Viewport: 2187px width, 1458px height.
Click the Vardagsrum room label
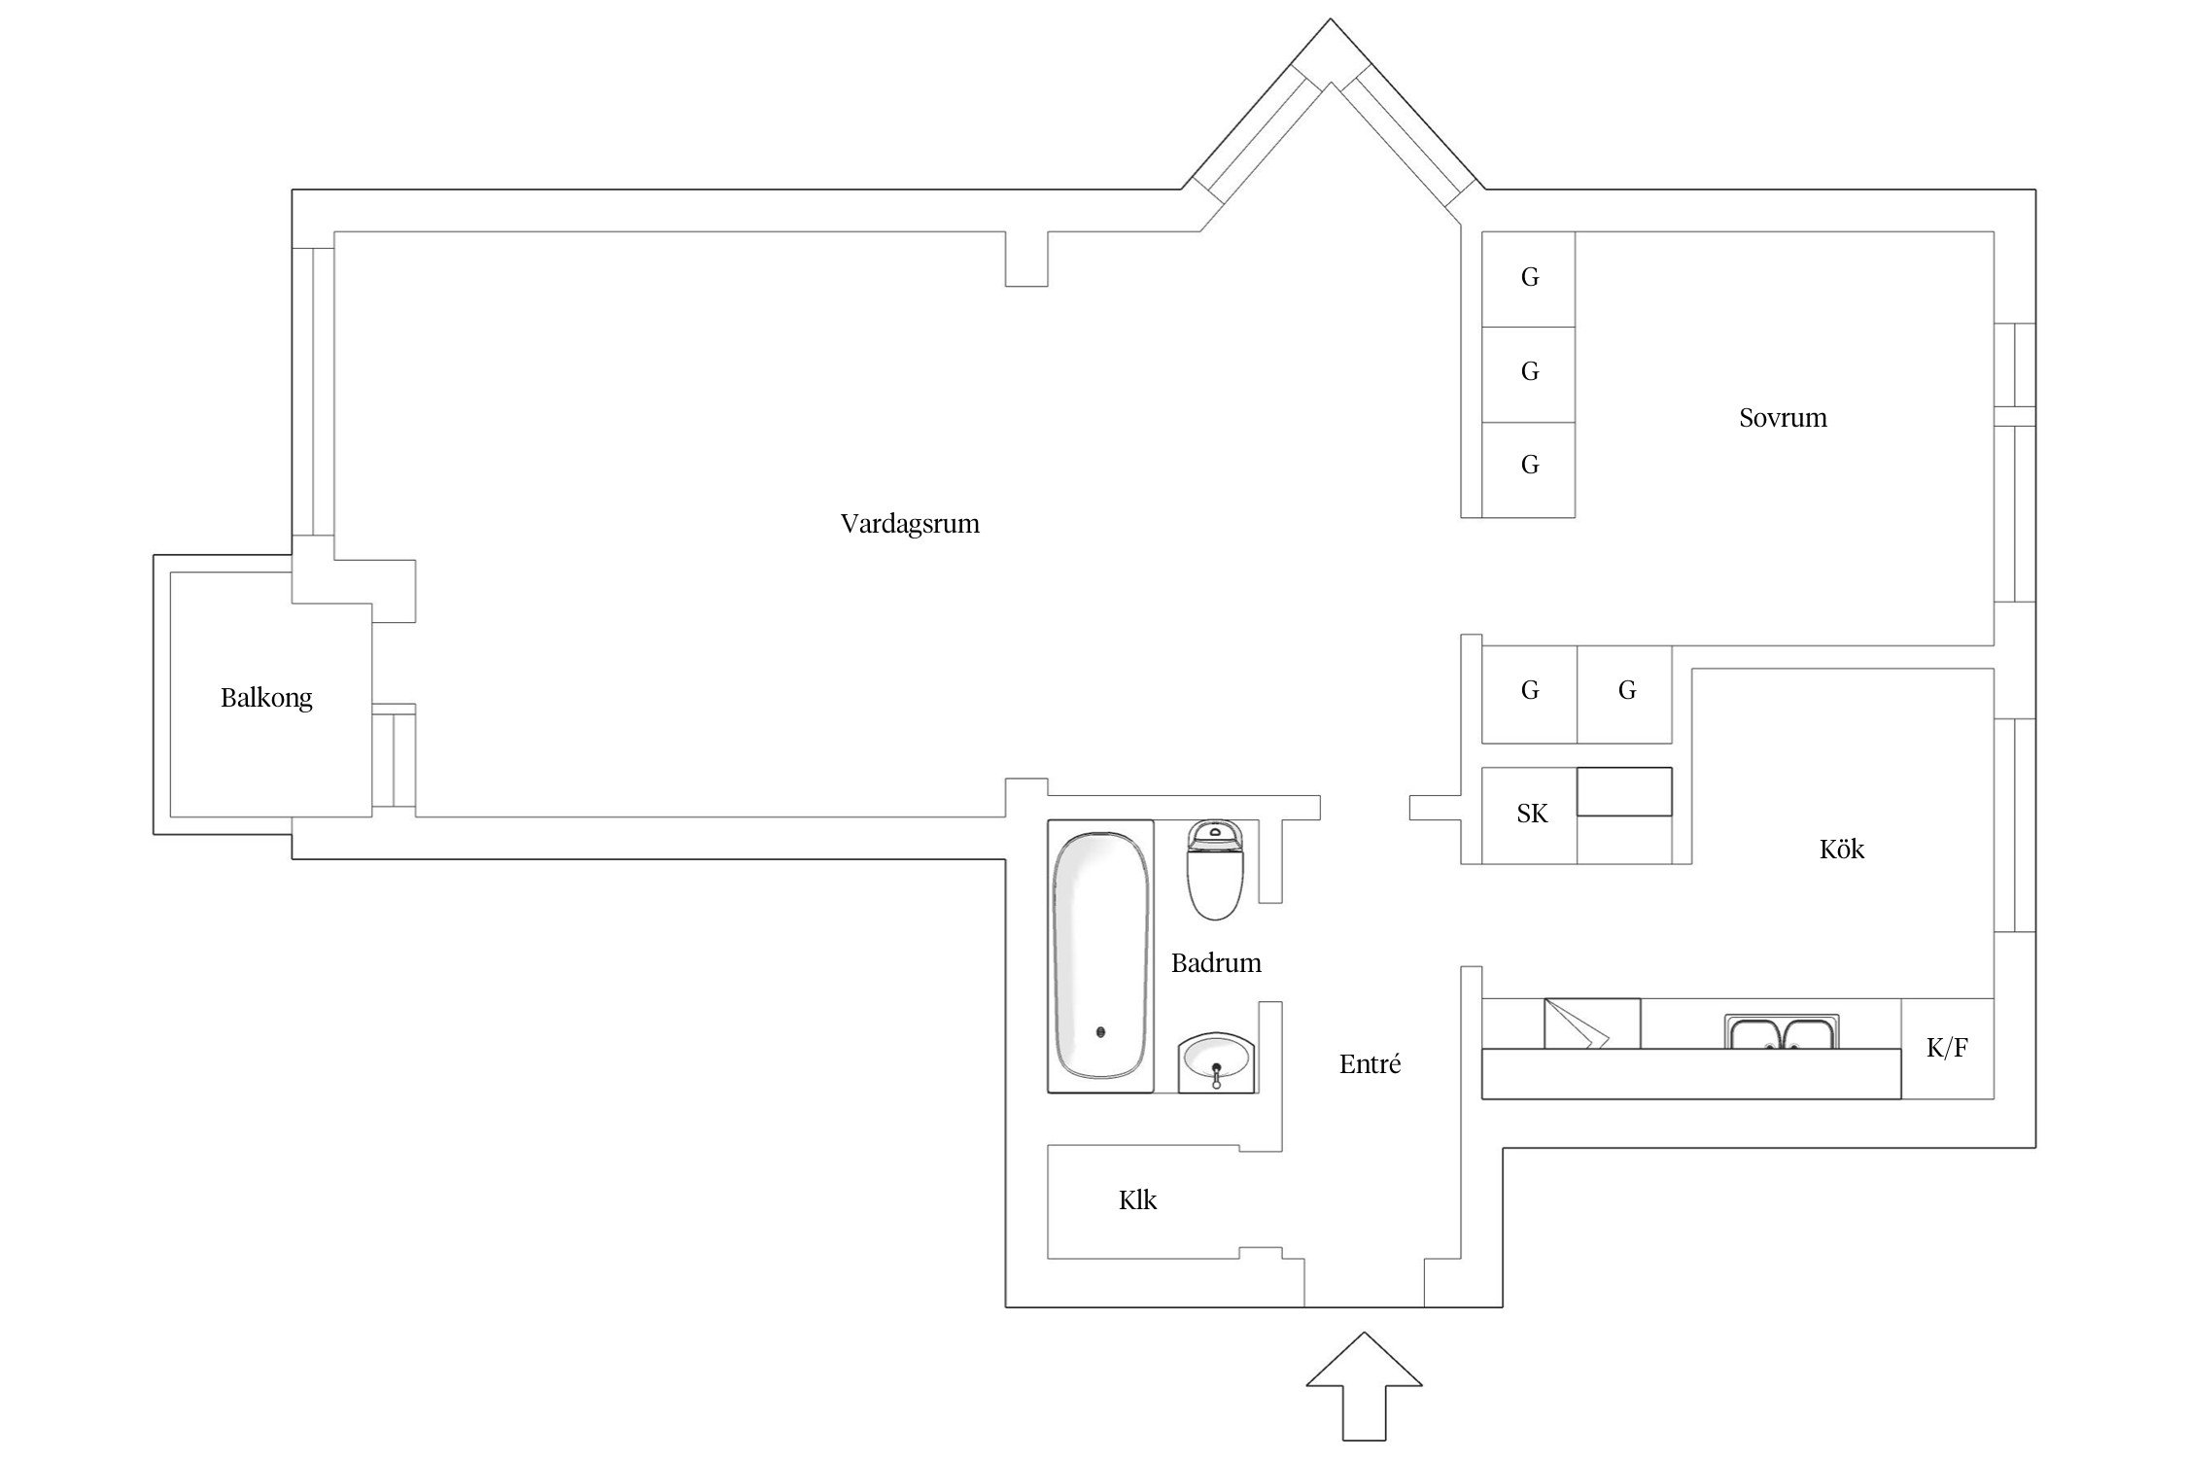pyautogui.click(x=910, y=525)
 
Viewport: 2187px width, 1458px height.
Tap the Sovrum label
pyautogui.click(x=1783, y=418)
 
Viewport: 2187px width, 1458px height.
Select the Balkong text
pyautogui.click(x=266, y=698)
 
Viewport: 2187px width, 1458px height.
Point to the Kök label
pyautogui.click(x=1841, y=850)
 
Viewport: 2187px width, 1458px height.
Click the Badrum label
pyautogui.click(x=1216, y=963)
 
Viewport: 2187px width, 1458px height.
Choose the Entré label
pyautogui.click(x=1370, y=1064)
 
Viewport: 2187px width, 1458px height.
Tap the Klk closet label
pyautogui.click(x=1137, y=1200)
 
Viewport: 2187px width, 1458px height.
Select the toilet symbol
pyautogui.click(x=1215, y=870)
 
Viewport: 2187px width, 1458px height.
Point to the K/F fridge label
pyautogui.click(x=1947, y=1048)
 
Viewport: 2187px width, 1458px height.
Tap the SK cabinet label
pyautogui.click(x=1532, y=814)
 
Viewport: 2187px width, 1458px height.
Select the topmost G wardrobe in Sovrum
pyautogui.click(x=1529, y=278)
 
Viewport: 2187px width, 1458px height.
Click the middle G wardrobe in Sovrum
pyautogui.click(x=1529, y=371)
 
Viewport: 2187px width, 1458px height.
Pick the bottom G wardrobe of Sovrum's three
pyautogui.click(x=1529, y=466)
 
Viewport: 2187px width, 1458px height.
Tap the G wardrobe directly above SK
pyautogui.click(x=1529, y=691)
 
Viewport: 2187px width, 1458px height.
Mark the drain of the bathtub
pyautogui.click(x=1100, y=1032)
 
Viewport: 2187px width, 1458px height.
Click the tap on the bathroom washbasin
pyautogui.click(x=1216, y=1070)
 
